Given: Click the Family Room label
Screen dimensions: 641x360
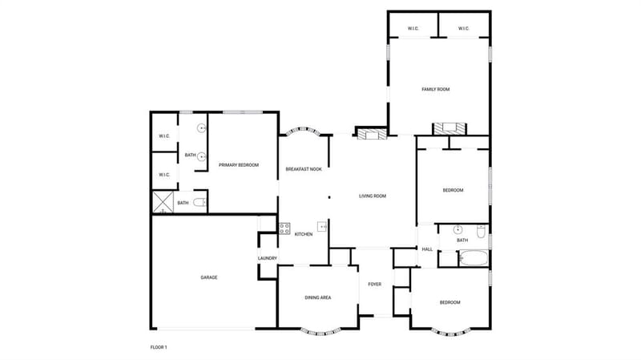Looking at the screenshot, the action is [x=435, y=89].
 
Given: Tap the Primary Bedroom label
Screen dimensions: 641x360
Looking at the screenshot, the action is [x=239, y=165].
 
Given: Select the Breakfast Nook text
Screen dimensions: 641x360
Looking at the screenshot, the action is [x=304, y=169].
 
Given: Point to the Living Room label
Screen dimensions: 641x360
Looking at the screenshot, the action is [x=373, y=196].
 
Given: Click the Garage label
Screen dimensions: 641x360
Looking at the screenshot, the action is [x=209, y=277].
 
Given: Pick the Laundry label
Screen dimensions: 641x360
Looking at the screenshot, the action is [x=268, y=258].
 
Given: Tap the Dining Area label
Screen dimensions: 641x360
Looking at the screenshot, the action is [x=318, y=297].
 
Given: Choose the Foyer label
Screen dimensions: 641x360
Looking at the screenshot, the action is [x=374, y=284].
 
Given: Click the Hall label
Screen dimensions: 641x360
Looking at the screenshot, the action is [x=427, y=249].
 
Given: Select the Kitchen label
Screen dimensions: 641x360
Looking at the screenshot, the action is [x=304, y=234].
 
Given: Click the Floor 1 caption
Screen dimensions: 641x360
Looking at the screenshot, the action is [x=159, y=347].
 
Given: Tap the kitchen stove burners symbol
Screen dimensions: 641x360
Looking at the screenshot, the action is [x=284, y=229].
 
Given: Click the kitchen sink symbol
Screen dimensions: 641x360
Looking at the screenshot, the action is [x=322, y=226].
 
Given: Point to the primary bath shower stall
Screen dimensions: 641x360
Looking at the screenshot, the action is [x=163, y=202].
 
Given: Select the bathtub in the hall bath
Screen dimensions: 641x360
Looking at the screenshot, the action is [x=474, y=258].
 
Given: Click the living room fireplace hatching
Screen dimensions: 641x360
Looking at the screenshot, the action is [x=372, y=134].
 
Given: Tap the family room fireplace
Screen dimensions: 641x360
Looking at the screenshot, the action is [x=450, y=129].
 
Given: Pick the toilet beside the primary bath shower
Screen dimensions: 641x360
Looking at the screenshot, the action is [x=200, y=202].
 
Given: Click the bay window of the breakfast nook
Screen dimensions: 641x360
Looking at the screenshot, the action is [x=303, y=131].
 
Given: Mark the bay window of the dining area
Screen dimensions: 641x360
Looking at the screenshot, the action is [x=320, y=331].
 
